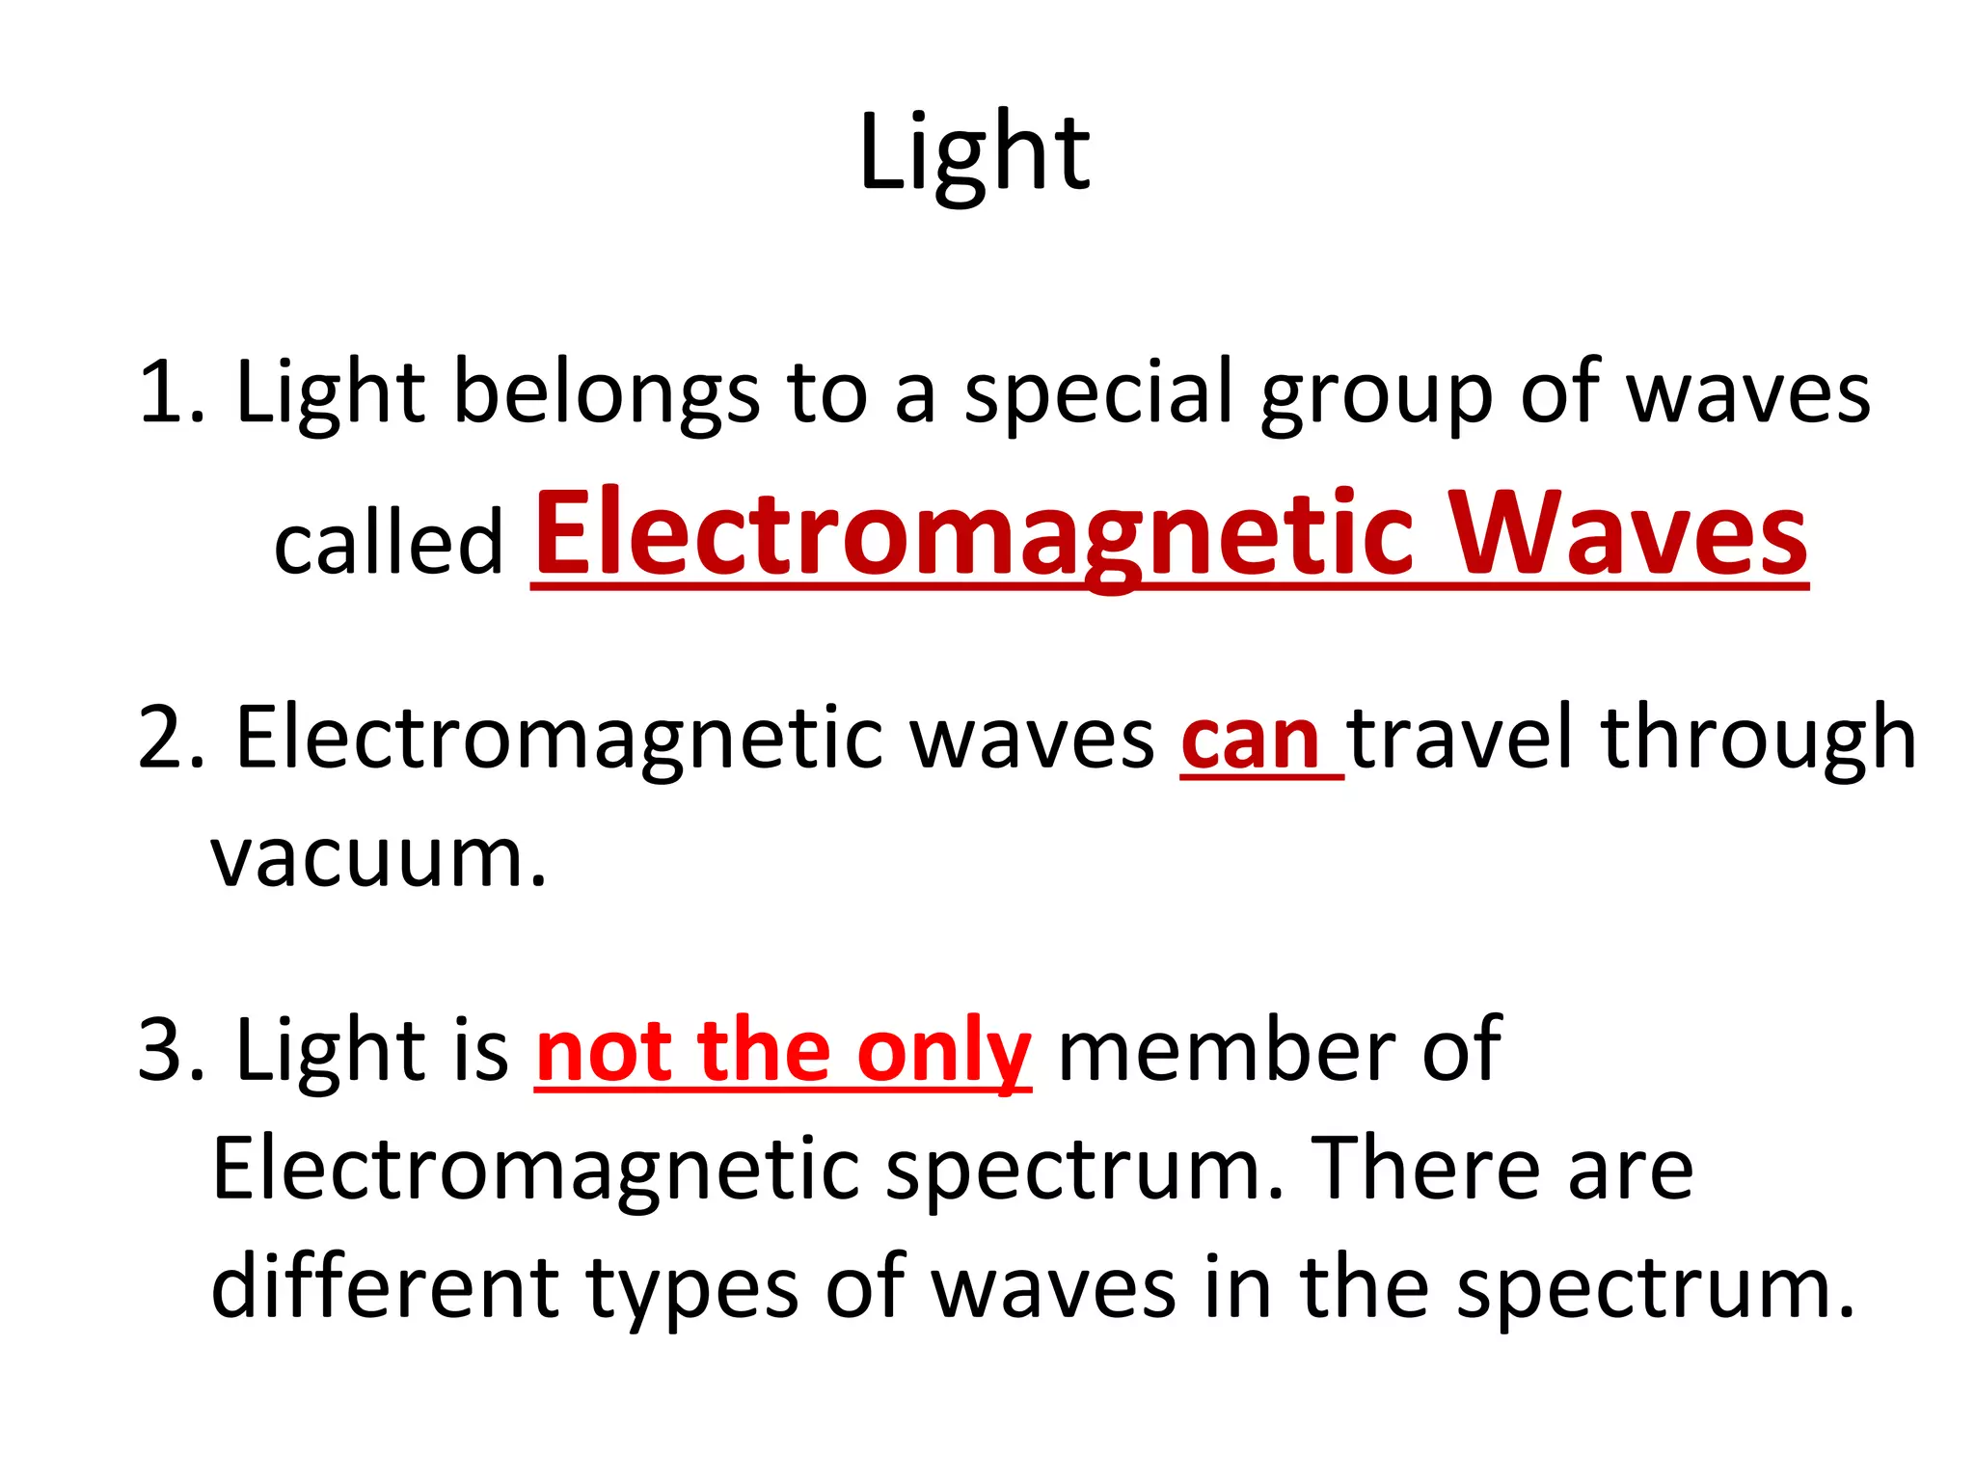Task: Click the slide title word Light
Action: pyautogui.click(x=974, y=154)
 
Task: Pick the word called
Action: pyautogui.click(x=389, y=542)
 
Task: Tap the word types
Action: pyautogui.click(x=691, y=1290)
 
